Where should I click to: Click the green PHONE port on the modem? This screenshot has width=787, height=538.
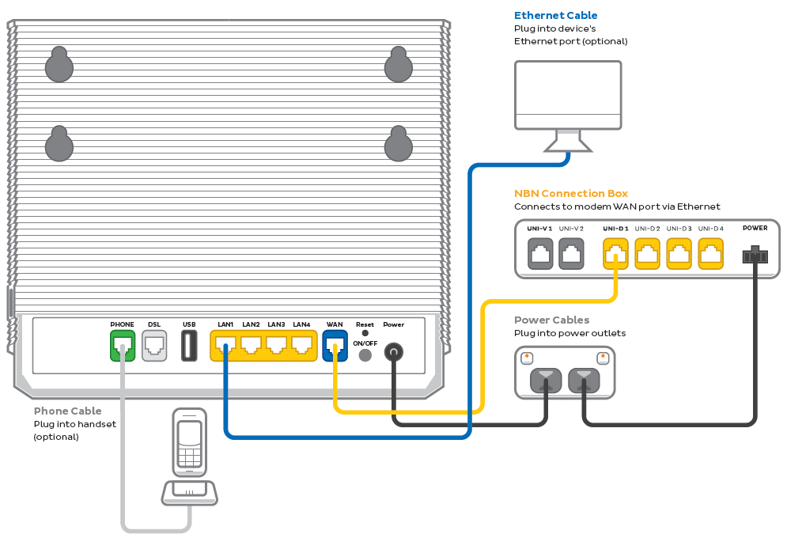click(123, 346)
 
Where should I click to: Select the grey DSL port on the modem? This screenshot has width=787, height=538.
click(154, 346)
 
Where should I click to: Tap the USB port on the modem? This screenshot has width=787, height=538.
click(189, 346)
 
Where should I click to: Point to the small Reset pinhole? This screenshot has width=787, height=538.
click(365, 333)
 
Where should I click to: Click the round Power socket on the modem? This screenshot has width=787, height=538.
click(393, 353)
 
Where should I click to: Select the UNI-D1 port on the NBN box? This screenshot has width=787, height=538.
click(615, 255)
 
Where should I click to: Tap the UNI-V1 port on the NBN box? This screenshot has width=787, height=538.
click(540, 255)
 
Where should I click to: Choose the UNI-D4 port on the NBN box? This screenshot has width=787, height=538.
click(710, 255)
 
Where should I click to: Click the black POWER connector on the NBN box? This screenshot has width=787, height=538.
click(755, 256)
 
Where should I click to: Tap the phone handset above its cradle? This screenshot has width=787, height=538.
click(189, 443)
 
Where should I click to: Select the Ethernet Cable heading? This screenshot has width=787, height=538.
click(555, 15)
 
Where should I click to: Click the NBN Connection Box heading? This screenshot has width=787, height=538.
click(570, 193)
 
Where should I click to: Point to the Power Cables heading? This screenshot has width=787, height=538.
click(551, 320)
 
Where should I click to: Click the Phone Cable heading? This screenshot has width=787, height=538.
click(67, 411)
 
